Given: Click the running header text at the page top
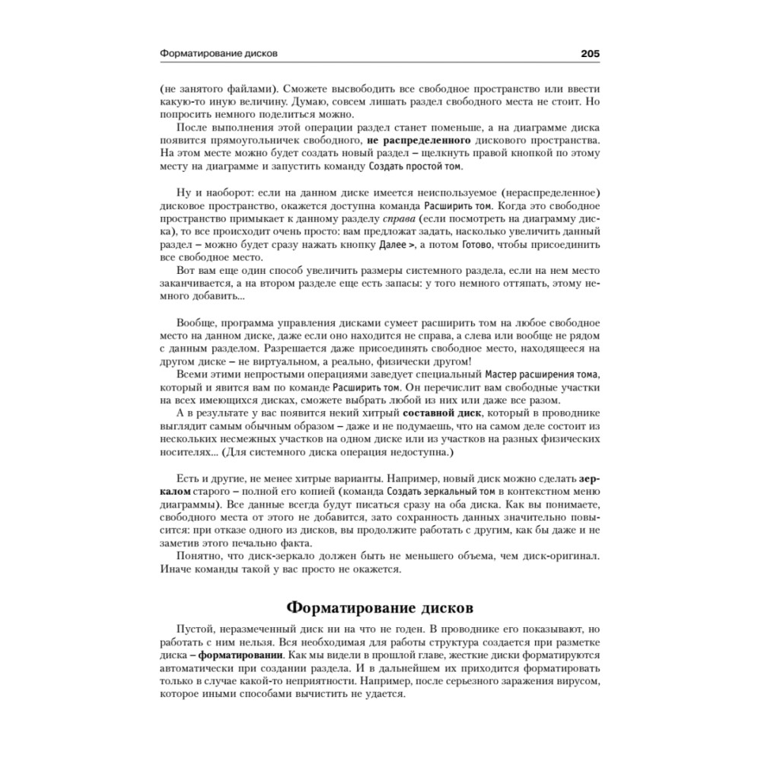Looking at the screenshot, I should [218, 54].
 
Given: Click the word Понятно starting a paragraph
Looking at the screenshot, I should [199, 557].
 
